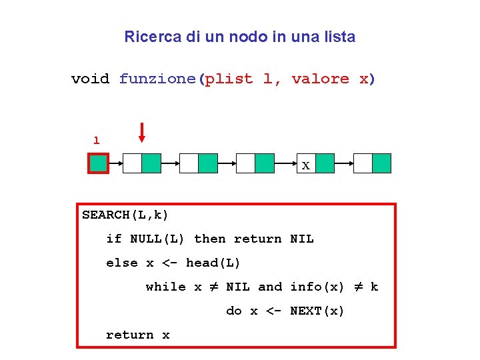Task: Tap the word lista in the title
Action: point(337,37)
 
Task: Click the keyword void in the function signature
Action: point(90,79)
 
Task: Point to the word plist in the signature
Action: point(229,79)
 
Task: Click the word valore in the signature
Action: point(320,79)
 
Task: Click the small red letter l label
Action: point(97,141)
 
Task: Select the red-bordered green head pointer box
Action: point(99,163)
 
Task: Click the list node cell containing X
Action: point(305,164)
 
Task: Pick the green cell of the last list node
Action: point(381,163)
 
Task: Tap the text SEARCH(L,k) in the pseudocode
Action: point(125,215)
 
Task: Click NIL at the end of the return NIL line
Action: point(302,239)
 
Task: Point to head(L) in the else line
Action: point(213,263)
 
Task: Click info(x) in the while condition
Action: point(317,287)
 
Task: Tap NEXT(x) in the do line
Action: point(317,311)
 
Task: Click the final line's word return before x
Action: point(130,335)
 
